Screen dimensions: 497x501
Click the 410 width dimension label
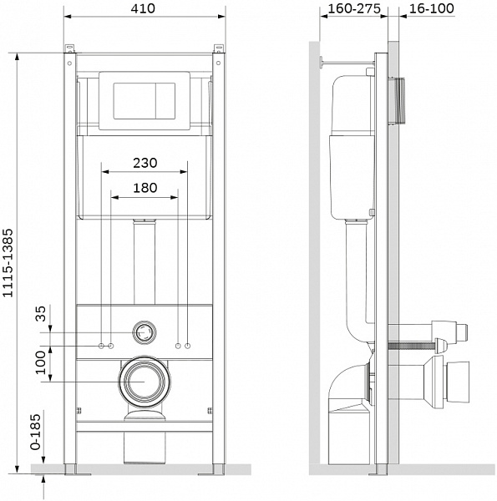[143, 8]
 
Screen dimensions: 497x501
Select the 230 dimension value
[145, 163]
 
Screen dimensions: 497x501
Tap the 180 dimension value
[145, 188]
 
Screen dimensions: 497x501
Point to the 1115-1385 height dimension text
[8, 263]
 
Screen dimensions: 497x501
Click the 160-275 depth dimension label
[354, 8]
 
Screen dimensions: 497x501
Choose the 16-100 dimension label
[432, 8]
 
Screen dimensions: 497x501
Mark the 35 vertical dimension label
[41, 313]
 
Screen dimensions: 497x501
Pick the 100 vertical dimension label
[41, 362]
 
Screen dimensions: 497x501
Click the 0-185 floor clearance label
[36, 432]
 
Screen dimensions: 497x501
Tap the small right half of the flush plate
[165, 101]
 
